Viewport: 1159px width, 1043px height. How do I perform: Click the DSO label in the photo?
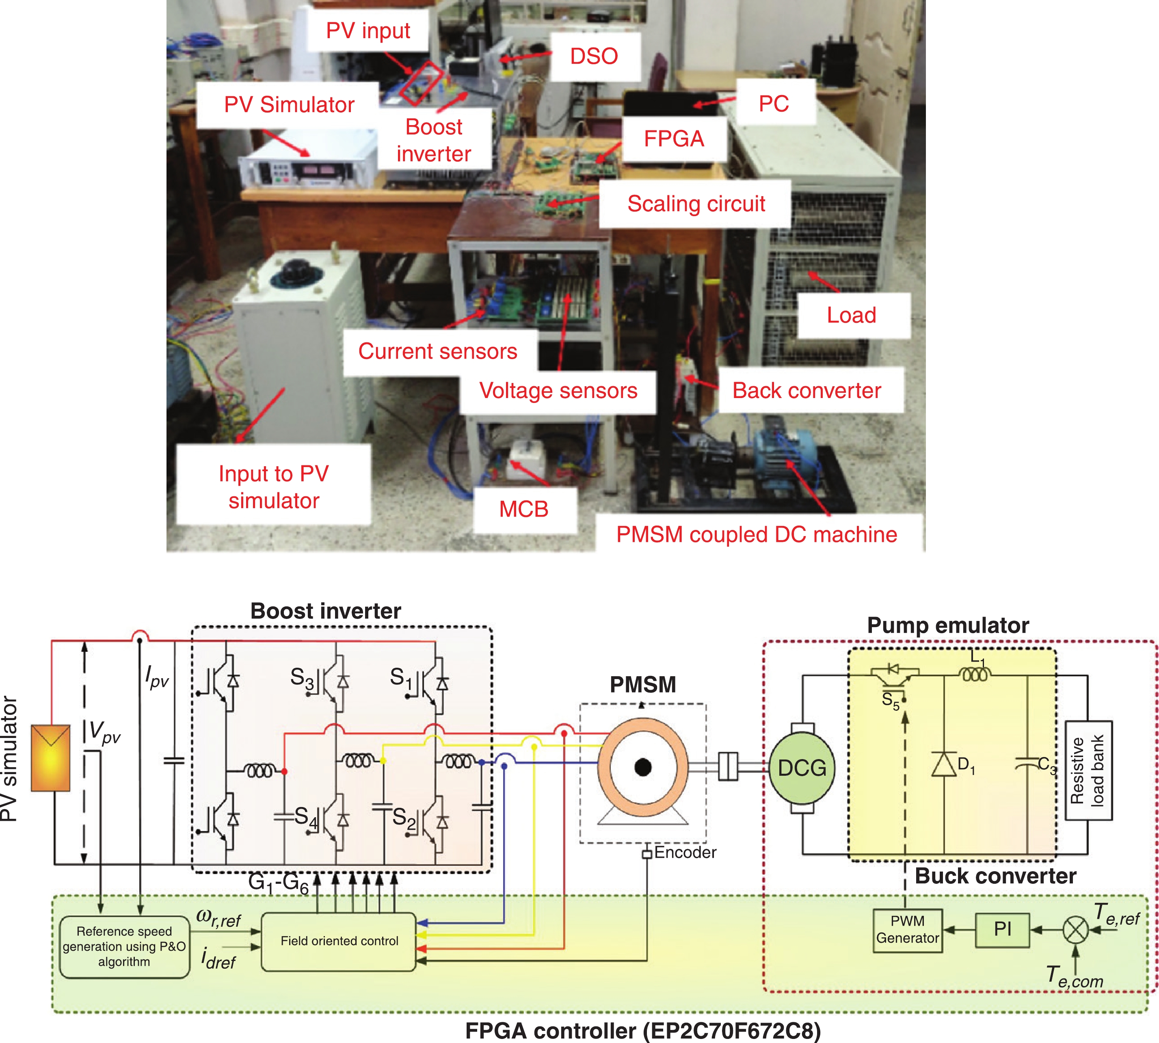[x=594, y=56]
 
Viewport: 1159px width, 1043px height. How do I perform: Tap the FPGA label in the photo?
[x=674, y=138]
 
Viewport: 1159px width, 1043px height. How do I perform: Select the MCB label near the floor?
[x=523, y=509]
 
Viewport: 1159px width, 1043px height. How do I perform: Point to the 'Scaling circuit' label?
[x=696, y=204]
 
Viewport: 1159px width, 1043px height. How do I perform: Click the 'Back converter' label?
[x=806, y=391]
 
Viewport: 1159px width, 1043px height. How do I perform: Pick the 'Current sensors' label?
[x=438, y=351]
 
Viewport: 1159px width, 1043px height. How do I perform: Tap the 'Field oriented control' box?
[x=339, y=941]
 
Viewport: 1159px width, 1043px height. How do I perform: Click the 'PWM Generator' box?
[x=908, y=930]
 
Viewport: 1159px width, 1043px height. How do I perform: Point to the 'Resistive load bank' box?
[x=1088, y=770]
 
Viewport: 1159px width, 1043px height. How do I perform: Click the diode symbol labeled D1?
[x=944, y=764]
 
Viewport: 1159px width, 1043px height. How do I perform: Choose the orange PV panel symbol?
[x=50, y=757]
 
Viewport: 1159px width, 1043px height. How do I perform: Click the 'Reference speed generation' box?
[x=124, y=946]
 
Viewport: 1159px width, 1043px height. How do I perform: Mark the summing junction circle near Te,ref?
[x=1075, y=930]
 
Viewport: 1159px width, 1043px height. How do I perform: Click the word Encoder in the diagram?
[x=685, y=852]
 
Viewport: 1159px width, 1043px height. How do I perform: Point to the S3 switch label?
[x=301, y=677]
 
